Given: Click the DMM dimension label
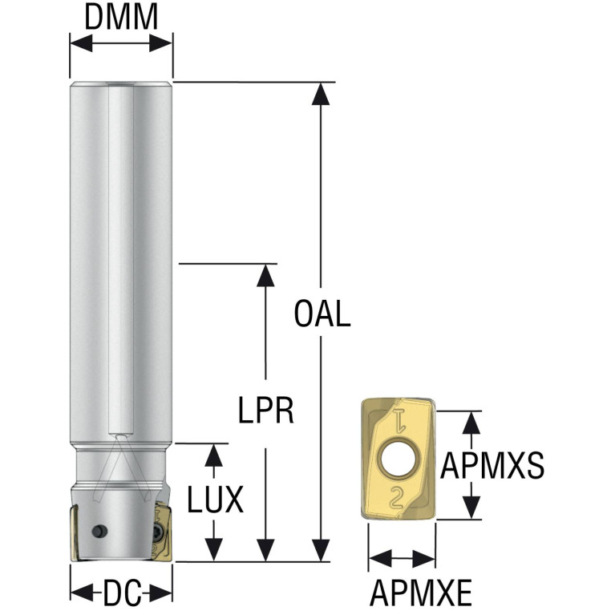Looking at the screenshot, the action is [121, 18].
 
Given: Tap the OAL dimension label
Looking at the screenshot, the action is [322, 314].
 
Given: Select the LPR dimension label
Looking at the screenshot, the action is [266, 411].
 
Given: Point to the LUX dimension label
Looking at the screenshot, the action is [215, 500].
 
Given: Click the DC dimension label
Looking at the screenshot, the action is [122, 593].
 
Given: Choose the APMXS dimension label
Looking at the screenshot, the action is [492, 465].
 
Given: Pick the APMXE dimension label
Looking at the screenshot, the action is [420, 593].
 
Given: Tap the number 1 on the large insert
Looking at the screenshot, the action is [398, 420].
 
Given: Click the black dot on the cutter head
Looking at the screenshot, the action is [99, 531].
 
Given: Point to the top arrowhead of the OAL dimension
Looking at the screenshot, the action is [321, 94].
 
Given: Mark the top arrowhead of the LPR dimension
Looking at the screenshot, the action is [265, 275].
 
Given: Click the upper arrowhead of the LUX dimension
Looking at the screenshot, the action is [214, 455].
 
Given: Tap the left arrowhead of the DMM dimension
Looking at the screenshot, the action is [82, 43].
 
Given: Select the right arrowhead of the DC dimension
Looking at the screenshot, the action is [161, 593].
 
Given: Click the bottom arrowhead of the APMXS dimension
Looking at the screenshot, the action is [471, 508].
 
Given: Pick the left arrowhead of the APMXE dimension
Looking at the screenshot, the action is [380, 558].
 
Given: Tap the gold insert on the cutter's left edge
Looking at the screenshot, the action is [75, 533].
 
